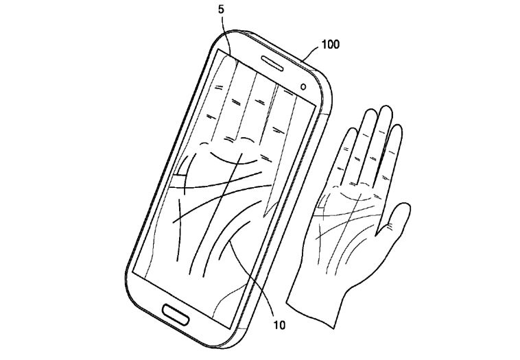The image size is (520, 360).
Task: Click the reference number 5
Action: pyautogui.click(x=221, y=10)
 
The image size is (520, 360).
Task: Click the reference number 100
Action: pyautogui.click(x=330, y=45)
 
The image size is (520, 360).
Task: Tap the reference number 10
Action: pyautogui.click(x=279, y=325)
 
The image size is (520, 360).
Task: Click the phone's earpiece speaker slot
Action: pyautogui.click(x=272, y=63)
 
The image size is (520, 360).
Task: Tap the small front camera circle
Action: pyautogui.click(x=303, y=87)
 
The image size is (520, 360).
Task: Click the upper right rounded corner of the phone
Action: pyautogui.click(x=323, y=80)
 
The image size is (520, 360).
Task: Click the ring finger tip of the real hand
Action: pyautogui.click(x=370, y=111)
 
